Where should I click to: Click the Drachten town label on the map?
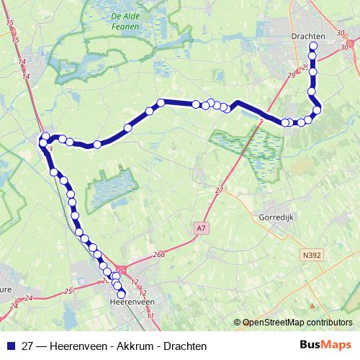tap(309, 35)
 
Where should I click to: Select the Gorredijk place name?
tap(274, 217)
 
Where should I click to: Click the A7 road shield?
tap(200, 228)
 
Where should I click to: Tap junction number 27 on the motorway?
tap(220, 189)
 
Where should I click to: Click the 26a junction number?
tap(159, 254)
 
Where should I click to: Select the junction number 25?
tap(68, 291)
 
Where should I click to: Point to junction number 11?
tap(150, 316)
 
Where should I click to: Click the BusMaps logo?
tap(326, 345)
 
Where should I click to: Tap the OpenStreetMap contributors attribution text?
tap(297, 323)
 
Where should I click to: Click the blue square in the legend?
tap(11, 346)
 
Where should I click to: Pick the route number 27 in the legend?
tap(27, 346)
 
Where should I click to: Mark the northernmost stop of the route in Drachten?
tap(313, 48)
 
